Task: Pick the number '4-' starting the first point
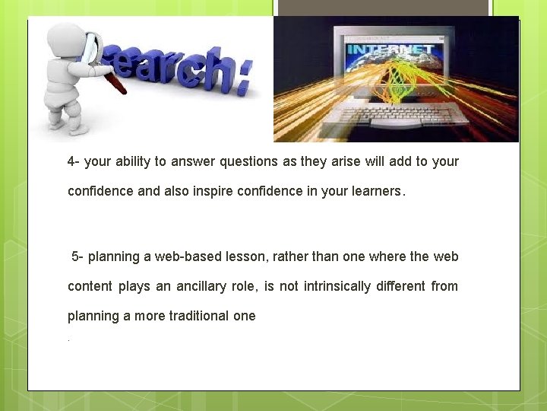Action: coord(74,161)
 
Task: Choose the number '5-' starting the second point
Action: coord(78,256)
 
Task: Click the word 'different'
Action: coord(406,286)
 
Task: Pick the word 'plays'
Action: coord(134,286)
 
